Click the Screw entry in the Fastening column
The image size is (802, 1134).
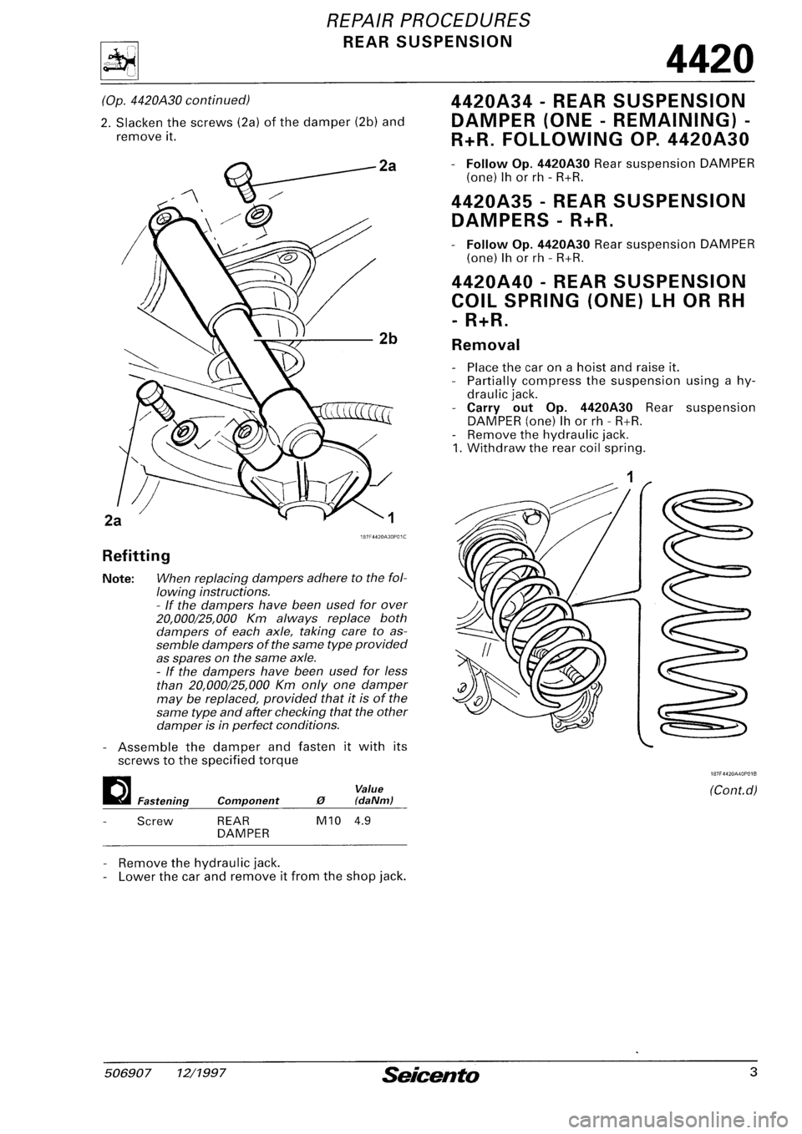[154, 820]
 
